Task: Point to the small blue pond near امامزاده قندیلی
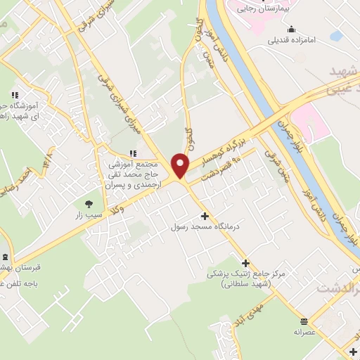click(335, 35)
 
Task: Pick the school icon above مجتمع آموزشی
click(133, 153)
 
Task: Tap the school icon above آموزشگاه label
click(13, 96)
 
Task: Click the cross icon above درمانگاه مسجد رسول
click(205, 216)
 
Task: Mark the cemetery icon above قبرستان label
click(6, 257)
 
